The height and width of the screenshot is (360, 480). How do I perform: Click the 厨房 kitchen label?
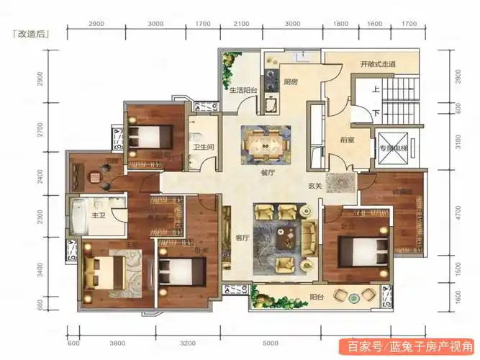click(291, 81)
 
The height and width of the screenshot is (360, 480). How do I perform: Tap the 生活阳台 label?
click(245, 91)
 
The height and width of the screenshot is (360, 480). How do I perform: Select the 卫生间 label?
click(201, 148)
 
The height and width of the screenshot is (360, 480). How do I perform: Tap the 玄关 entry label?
click(314, 185)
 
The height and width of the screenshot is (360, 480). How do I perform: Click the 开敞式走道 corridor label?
click(378, 65)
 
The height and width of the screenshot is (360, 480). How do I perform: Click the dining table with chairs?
click(266, 143)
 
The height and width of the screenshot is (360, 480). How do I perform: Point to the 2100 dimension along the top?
click(241, 23)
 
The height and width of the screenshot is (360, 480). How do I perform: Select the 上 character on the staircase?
click(376, 90)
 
